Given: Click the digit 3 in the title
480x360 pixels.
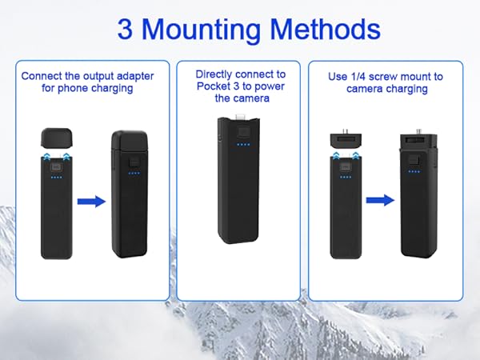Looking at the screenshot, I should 126,30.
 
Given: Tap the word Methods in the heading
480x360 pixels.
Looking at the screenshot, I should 327,30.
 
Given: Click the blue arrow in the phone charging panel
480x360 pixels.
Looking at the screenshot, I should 92,202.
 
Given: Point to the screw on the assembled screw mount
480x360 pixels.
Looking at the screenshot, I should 416,128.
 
